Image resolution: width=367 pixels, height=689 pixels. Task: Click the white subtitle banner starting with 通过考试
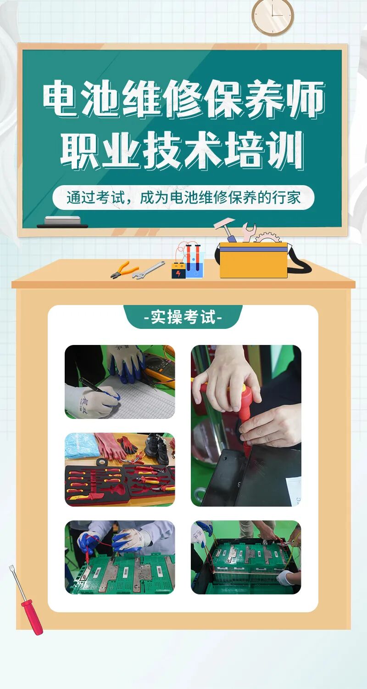pyautogui.click(x=183, y=198)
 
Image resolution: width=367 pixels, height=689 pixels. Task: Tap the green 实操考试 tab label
pyautogui.click(x=183, y=316)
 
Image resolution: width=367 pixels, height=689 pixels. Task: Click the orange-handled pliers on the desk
pyautogui.click(x=124, y=270)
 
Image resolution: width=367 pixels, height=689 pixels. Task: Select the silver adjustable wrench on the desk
pyautogui.click(x=149, y=271)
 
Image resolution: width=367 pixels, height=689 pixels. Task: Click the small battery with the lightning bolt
pyautogui.click(x=178, y=270)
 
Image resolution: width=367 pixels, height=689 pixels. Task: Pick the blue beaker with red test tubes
pyautogui.click(x=195, y=262)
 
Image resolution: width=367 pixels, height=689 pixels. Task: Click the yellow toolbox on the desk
pyautogui.click(x=254, y=260)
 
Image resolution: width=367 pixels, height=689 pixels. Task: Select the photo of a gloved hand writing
pyautogui.click(x=120, y=382)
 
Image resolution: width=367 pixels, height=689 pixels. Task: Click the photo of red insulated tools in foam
pyautogui.click(x=120, y=469)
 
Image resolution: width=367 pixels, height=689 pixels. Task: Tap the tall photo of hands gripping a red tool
pyautogui.click(x=246, y=426)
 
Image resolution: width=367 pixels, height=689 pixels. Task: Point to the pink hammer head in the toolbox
pyautogui.click(x=224, y=223)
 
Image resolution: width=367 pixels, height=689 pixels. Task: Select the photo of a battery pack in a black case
pyautogui.click(x=246, y=557)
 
